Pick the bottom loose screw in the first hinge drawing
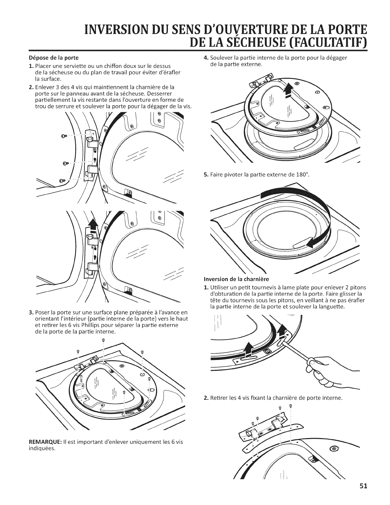(62, 180)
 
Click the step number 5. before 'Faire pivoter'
(206, 175)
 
